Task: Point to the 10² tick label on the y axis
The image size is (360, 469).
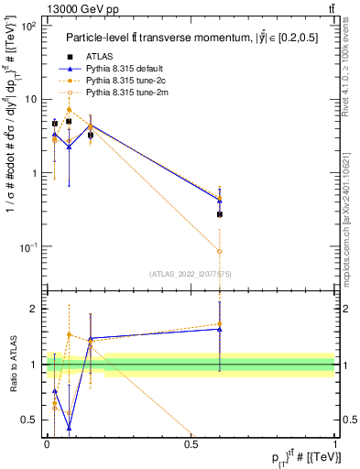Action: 28,26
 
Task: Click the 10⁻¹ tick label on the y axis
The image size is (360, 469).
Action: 28,247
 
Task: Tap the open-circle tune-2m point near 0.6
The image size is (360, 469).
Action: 220,251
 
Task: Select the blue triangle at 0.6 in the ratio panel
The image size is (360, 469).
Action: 220,329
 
